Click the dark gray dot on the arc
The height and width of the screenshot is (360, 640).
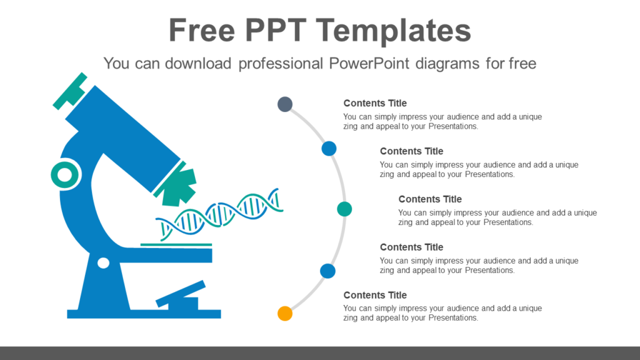click(285, 104)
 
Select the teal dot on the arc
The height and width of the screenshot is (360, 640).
click(344, 209)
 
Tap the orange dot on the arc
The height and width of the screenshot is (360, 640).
click(285, 314)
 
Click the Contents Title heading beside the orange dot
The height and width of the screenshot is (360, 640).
click(375, 295)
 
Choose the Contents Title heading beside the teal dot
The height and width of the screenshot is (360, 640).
click(430, 199)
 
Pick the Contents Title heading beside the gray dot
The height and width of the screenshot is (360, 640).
click(375, 103)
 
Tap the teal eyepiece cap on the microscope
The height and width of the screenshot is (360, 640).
click(70, 91)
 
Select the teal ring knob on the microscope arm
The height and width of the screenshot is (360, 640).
click(65, 176)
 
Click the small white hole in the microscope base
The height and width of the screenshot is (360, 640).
click(104, 263)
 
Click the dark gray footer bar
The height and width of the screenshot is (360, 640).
click(320, 353)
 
